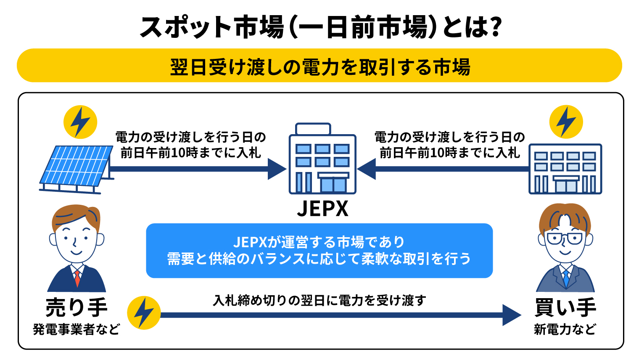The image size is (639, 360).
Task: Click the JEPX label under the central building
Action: pos(322,208)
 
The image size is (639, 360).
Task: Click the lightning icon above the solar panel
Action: pos(80,122)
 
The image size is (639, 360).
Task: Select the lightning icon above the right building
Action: pos(566,122)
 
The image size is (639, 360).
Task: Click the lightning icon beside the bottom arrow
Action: pos(144,313)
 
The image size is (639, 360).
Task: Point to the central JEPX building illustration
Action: pos(322,160)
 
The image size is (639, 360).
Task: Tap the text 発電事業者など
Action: pos(77,329)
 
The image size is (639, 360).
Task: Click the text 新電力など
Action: pos(565,329)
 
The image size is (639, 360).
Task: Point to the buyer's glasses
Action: pos(565,239)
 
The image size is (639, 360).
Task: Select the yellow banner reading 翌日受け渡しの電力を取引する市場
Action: pos(319,66)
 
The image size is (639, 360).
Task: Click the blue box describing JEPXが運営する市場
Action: pos(319,251)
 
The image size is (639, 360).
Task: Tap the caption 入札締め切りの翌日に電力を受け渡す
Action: pos(319,300)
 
